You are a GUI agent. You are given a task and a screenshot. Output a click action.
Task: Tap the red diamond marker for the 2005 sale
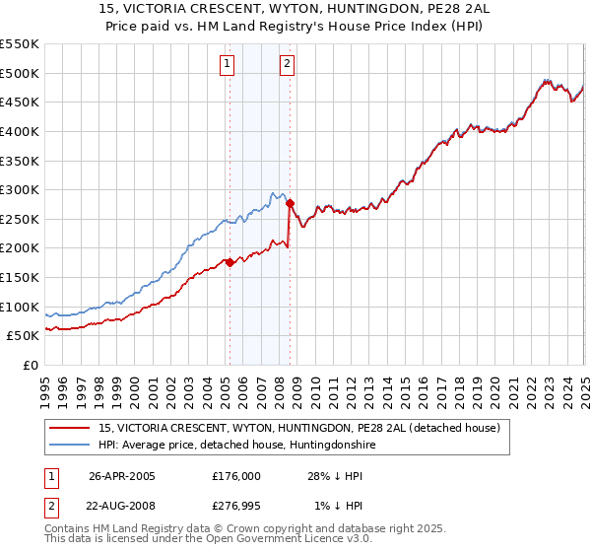[x=230, y=262]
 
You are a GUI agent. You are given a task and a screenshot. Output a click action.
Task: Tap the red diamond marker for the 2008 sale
[x=290, y=203]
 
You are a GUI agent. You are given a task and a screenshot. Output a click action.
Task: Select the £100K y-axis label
[x=21, y=307]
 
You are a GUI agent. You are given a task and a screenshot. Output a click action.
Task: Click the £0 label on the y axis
[x=30, y=365]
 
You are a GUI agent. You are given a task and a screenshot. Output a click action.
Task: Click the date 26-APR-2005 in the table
[x=122, y=475]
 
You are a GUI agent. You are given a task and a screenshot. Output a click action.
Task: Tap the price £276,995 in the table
[x=235, y=507]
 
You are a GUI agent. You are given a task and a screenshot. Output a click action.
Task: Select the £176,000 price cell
[x=235, y=475]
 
